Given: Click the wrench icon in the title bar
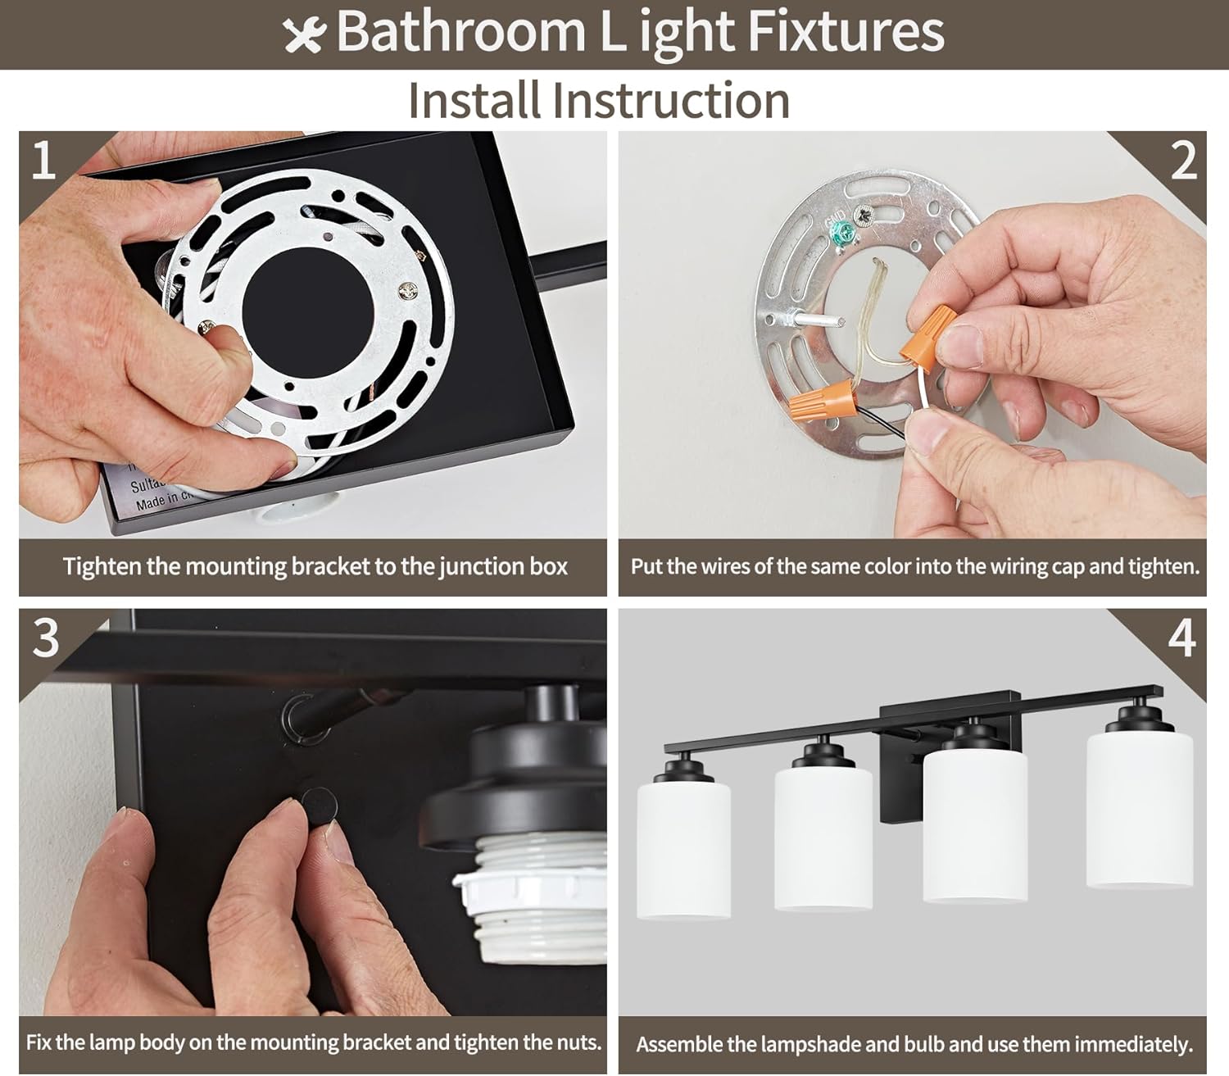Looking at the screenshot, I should [304, 35].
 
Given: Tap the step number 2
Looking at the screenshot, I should [1183, 161].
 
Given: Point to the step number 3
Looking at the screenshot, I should [46, 637].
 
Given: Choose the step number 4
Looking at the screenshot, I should [1181, 638].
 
